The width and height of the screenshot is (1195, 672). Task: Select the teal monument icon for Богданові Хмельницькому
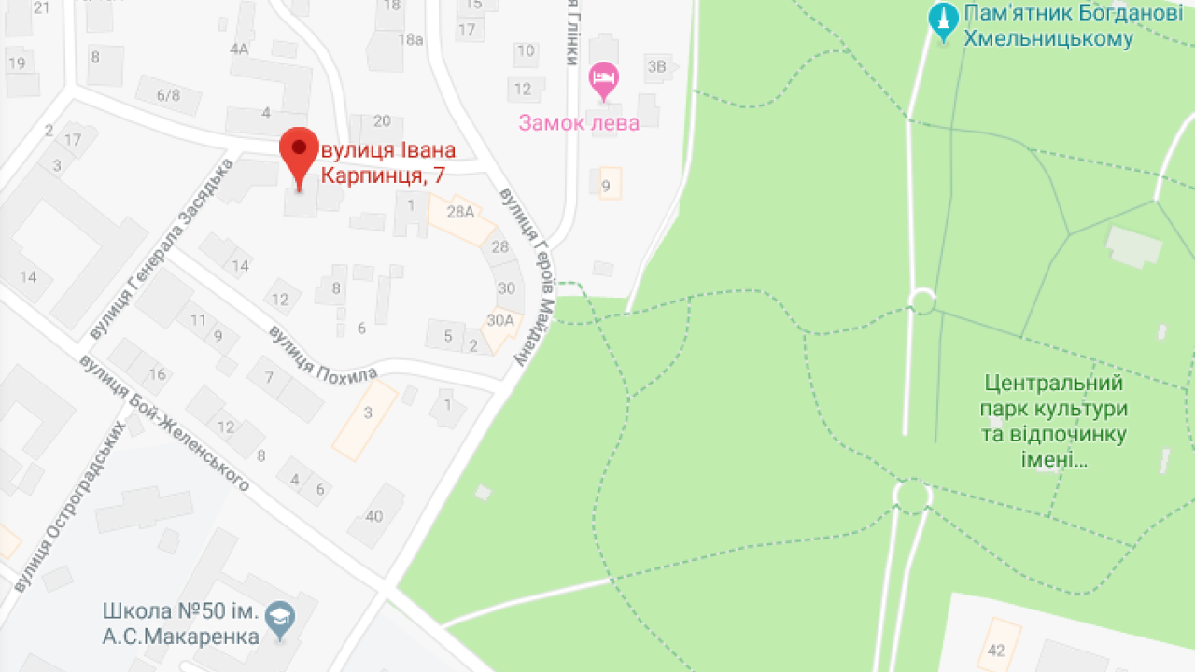(x=944, y=21)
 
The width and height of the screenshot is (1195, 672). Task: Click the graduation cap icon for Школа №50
(x=279, y=617)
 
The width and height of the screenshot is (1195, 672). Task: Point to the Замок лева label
(x=579, y=123)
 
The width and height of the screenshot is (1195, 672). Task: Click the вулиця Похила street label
(x=322, y=351)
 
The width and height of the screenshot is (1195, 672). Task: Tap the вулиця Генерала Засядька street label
(x=162, y=249)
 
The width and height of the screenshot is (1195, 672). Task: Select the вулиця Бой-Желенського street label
(x=165, y=423)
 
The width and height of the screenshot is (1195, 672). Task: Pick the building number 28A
(x=460, y=212)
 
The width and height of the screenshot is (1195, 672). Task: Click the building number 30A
(x=500, y=320)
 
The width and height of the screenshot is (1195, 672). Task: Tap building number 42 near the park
(x=996, y=650)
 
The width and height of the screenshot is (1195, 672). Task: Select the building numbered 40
(x=374, y=516)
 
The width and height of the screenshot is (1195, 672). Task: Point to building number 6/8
(x=168, y=94)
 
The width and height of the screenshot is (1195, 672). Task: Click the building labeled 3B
(x=657, y=65)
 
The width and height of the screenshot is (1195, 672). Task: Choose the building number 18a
(x=410, y=39)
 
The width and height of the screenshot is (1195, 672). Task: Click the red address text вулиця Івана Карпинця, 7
(x=388, y=162)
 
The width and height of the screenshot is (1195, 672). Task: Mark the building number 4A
(x=240, y=49)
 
